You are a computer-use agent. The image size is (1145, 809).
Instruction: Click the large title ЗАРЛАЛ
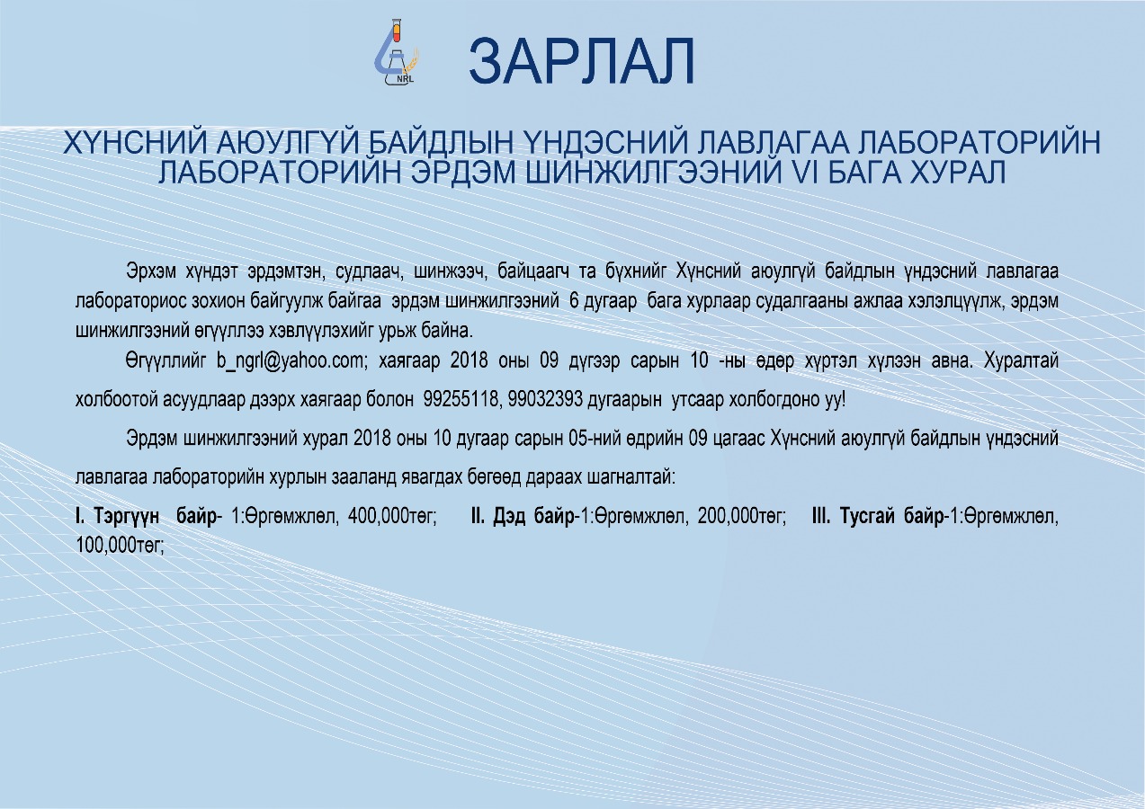pyautogui.click(x=581, y=61)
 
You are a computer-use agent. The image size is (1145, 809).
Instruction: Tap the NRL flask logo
pyautogui.click(x=396, y=51)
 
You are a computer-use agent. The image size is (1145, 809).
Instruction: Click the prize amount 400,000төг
pyautogui.click(x=392, y=517)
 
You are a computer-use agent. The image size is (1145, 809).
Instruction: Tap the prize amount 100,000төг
pyautogui.click(x=120, y=546)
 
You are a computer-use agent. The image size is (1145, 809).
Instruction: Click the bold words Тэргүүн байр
pyautogui.click(x=155, y=517)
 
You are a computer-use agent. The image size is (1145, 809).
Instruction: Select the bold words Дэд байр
pyautogui.click(x=533, y=517)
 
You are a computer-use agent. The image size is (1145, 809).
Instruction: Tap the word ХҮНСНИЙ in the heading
pyautogui.click(x=135, y=143)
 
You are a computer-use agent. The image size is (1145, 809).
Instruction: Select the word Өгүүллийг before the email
pyautogui.click(x=165, y=361)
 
